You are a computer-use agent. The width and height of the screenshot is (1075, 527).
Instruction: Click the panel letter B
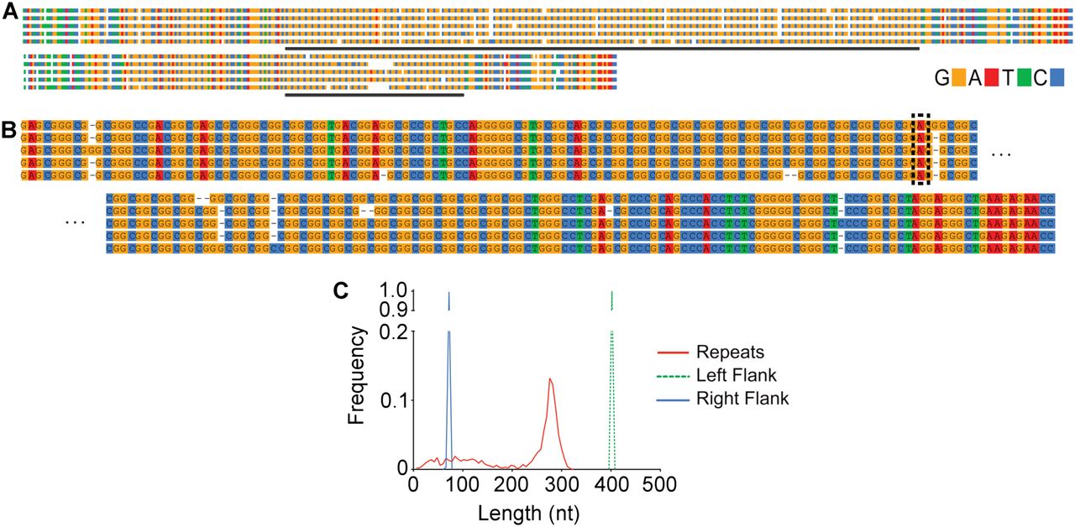coord(10,130)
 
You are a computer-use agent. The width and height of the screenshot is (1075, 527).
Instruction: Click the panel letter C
coord(341,290)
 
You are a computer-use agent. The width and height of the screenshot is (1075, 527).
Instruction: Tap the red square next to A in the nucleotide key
coord(991,78)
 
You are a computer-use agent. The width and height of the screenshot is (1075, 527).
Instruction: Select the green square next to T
coord(1024,78)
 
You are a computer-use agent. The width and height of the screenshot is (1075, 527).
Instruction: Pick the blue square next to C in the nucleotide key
coord(1057,78)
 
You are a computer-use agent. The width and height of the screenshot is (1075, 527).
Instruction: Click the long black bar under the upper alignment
coord(602,48)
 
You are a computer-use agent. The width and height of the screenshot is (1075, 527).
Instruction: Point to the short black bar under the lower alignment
coord(375,94)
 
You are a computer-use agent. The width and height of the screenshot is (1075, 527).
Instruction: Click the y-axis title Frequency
coord(356,375)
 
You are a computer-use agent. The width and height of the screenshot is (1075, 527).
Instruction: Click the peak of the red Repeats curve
coord(550,378)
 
